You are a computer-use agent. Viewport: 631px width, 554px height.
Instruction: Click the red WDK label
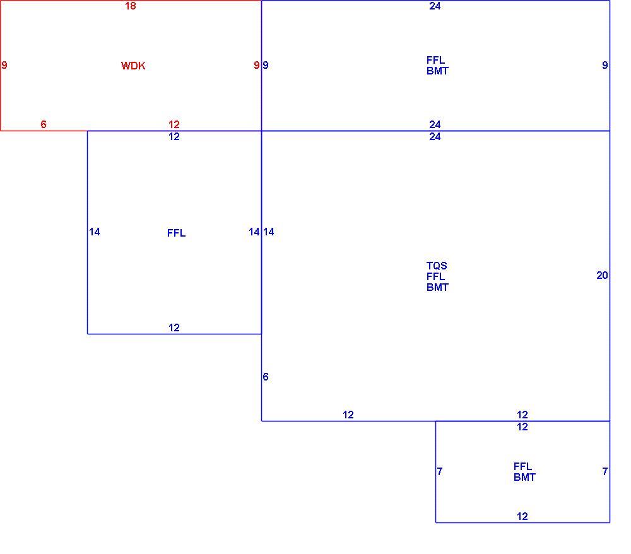[x=133, y=66]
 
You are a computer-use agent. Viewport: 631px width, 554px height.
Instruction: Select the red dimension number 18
[x=131, y=6]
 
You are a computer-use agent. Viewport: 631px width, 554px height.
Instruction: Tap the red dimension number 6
[x=44, y=124]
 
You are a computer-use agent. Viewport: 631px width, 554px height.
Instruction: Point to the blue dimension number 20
[x=602, y=275]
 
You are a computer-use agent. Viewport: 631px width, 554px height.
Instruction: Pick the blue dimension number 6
[x=266, y=377]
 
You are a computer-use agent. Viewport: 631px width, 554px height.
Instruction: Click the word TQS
[x=437, y=266]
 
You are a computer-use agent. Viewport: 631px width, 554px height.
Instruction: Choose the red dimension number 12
[x=174, y=124]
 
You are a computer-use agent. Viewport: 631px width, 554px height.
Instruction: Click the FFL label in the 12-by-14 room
[x=176, y=233]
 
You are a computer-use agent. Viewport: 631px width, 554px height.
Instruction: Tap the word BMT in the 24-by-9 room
[x=437, y=71]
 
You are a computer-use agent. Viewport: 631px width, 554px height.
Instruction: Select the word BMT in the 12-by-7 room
[x=524, y=477]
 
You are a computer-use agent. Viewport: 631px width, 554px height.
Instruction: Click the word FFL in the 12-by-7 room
[x=522, y=466]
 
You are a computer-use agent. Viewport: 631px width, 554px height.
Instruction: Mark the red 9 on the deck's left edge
[x=4, y=65]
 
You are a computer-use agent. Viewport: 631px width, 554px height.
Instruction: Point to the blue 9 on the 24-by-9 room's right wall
[x=605, y=65]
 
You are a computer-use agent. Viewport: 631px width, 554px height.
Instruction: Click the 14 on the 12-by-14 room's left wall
[x=95, y=232]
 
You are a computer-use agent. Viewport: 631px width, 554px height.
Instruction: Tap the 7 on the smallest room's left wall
[x=440, y=471]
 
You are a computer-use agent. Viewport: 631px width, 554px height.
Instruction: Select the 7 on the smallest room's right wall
[x=605, y=471]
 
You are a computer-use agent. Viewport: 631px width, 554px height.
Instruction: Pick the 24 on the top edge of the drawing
[x=435, y=6]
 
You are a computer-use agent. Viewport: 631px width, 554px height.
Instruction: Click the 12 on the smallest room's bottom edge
[x=522, y=516]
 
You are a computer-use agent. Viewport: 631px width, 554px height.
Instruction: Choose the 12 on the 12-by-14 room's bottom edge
[x=174, y=327]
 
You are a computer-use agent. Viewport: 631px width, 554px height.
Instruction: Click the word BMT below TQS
[x=437, y=287]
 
